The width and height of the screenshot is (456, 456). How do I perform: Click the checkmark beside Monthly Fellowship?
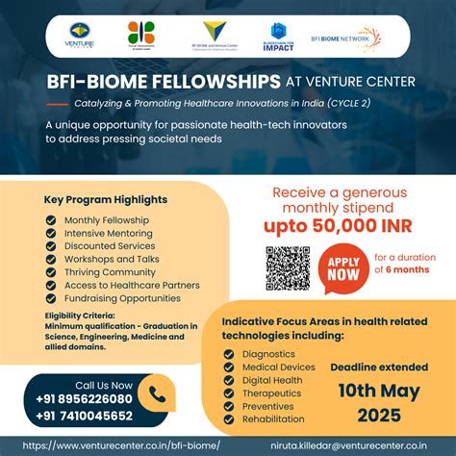(51, 220)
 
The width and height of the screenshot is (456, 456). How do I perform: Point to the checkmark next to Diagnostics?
(228, 353)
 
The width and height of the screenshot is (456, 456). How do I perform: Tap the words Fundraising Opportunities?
(123, 299)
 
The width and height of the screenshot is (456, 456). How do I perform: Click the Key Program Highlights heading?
(106, 199)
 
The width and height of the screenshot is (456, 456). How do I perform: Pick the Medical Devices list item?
(279, 367)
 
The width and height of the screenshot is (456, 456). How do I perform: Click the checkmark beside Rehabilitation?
(228, 419)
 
